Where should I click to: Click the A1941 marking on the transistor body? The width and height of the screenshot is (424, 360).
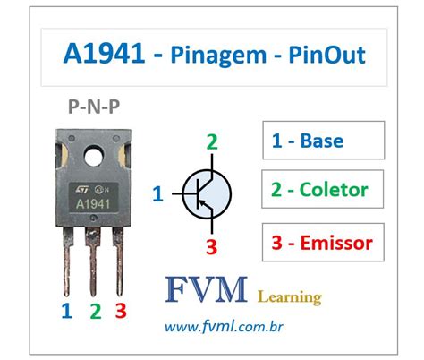pyautogui.click(x=92, y=203)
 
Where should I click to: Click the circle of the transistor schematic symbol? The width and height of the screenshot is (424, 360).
pyautogui.click(x=206, y=192)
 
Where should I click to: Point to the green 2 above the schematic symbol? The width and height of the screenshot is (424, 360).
pyautogui.click(x=211, y=141)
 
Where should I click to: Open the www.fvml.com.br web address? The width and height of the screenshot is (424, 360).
pyautogui.click(x=236, y=329)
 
